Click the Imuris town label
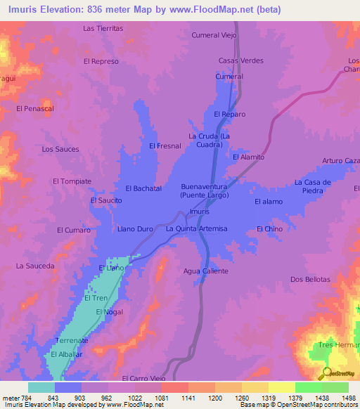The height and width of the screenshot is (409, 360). [200, 212]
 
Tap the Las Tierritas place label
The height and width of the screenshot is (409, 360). [103, 29]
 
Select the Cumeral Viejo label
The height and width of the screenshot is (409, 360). [214, 34]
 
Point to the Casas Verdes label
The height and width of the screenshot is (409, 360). [241, 60]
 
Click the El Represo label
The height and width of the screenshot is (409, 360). [101, 61]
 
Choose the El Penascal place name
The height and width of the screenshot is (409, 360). [34, 109]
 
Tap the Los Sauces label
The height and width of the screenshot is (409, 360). [60, 149]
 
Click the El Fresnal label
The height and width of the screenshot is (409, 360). [165, 145]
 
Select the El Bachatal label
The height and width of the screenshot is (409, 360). [143, 188]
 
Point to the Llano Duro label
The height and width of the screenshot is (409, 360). [135, 229]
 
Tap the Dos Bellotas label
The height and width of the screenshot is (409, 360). [310, 279]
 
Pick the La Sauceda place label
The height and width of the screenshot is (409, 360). [35, 266]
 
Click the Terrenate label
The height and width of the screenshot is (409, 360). [72, 340]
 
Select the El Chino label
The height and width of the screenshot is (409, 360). [269, 229]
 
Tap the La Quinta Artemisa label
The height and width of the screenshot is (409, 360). [197, 229]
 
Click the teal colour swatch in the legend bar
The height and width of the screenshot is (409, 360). [41, 387]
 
